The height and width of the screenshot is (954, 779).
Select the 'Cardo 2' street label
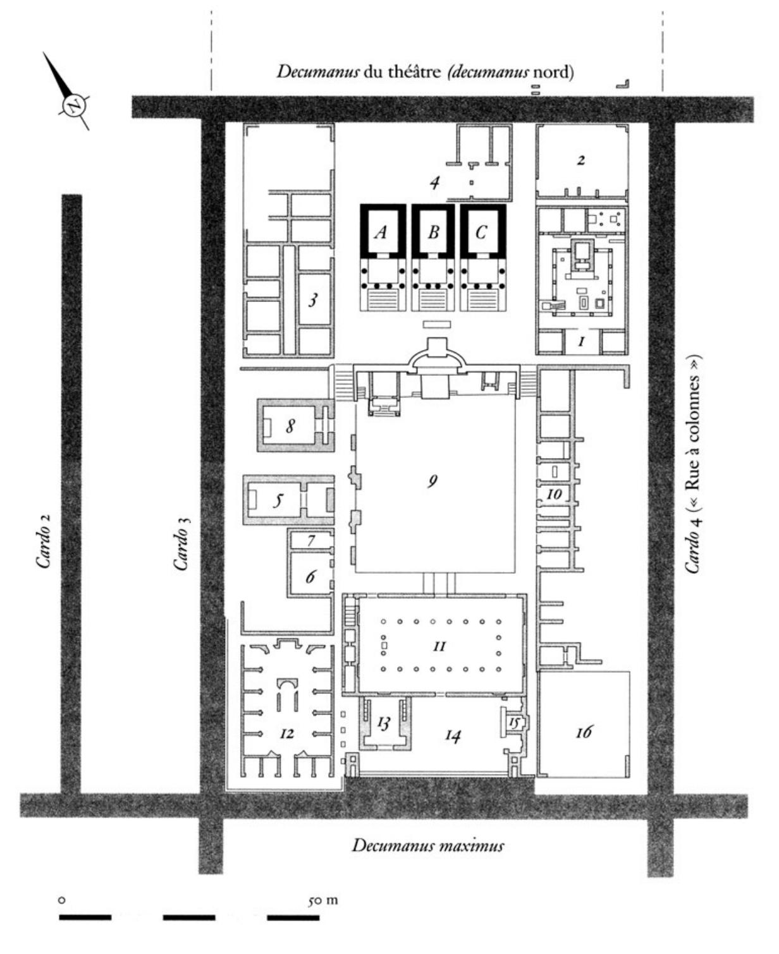point(44,541)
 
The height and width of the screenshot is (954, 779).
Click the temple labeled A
point(383,257)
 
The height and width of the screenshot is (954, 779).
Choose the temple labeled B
point(433,257)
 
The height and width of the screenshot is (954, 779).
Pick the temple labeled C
point(483,257)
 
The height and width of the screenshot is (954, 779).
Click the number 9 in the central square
point(432,482)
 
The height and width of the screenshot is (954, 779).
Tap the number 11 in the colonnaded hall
point(439,646)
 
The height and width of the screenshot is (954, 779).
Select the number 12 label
point(287,734)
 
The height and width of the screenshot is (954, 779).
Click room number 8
point(290,426)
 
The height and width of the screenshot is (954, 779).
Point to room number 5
point(278,500)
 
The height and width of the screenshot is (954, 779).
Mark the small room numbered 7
point(310,541)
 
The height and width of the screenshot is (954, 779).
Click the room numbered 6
point(310,576)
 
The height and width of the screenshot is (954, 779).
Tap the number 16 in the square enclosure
point(584,732)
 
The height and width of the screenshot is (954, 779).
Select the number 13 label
point(384,723)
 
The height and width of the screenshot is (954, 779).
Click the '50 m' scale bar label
point(322,900)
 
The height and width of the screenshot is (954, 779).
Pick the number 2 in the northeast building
point(581,160)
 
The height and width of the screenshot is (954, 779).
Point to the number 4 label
point(434,183)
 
